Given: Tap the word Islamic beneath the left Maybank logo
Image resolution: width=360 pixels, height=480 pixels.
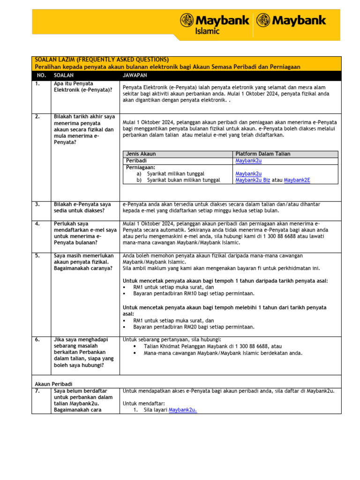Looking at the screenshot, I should (208, 31).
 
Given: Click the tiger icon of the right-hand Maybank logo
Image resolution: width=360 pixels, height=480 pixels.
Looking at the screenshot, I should (263, 21).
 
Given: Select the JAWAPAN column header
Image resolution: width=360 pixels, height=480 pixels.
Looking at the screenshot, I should (135, 75).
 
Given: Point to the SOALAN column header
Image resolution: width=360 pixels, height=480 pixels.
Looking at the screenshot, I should (64, 75).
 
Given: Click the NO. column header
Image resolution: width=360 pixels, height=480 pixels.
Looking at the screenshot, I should (41, 75).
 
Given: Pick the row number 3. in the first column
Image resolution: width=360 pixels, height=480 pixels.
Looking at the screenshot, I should (37, 204).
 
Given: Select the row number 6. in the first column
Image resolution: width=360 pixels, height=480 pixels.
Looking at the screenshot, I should (37, 339).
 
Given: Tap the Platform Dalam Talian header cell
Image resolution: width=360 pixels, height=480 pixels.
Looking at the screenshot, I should (263, 154).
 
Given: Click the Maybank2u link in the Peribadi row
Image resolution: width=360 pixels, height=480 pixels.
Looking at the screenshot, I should (248, 160).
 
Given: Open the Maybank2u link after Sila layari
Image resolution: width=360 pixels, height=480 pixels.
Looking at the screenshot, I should (183, 410).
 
